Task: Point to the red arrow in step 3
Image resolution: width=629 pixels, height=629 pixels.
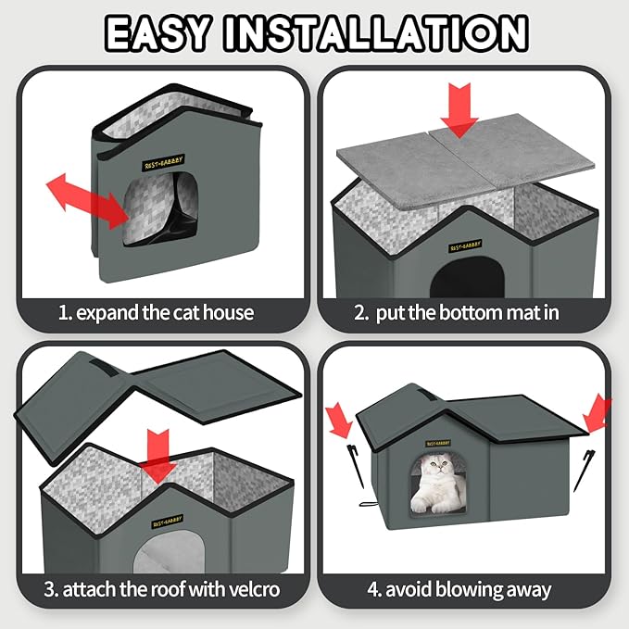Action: pyautogui.click(x=161, y=455)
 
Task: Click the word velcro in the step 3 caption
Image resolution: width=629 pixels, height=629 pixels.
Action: pyautogui.click(x=247, y=589)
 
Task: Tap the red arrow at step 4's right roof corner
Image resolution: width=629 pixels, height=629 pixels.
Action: pyautogui.click(x=598, y=413)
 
